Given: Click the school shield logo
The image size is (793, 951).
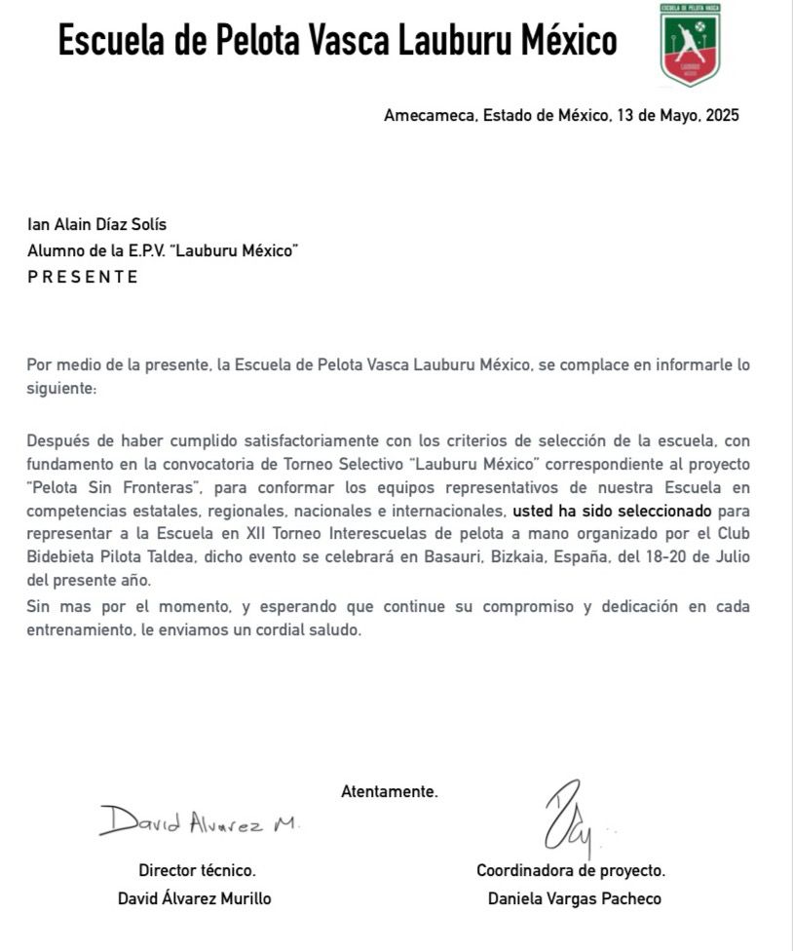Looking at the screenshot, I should click(690, 44).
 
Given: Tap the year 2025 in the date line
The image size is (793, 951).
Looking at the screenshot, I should click(722, 115).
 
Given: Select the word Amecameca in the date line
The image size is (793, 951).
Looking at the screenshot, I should click(429, 115).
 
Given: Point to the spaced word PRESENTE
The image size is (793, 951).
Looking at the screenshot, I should click(83, 277).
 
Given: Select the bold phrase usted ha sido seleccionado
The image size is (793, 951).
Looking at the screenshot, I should click(612, 510).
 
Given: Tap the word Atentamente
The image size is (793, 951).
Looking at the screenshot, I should click(390, 791).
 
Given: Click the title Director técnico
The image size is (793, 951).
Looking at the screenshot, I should click(197, 871).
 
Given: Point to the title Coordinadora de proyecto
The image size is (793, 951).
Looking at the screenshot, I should click(571, 871).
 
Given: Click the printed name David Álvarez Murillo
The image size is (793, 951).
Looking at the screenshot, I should click(194, 898).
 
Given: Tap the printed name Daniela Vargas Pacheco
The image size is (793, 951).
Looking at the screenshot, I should click(574, 898).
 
